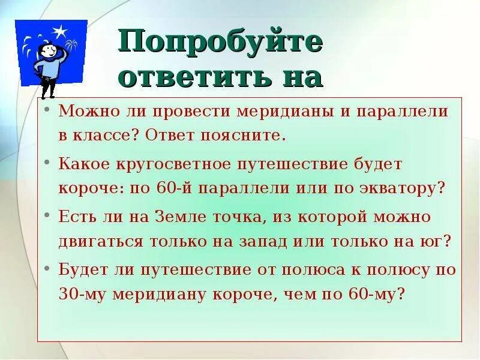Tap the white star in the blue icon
coord(59,31)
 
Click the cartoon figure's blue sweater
coord(49,67)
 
